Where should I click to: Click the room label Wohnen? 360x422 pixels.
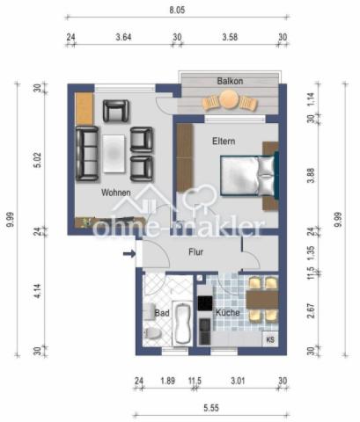pos(117,192)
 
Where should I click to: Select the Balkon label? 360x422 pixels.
pos(230,81)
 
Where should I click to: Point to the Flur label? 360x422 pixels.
pos(196,252)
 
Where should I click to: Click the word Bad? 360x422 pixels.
pos(161,311)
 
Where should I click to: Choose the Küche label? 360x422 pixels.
pos(228,312)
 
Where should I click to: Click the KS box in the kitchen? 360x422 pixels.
pos(269,338)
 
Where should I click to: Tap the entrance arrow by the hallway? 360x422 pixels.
pos(129,255)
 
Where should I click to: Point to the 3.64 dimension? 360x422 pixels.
pos(124,37)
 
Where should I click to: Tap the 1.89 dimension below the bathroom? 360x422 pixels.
pos(166,381)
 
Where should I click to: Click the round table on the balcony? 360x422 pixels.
pos(230,101)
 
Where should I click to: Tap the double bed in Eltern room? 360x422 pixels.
pos(247,173)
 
